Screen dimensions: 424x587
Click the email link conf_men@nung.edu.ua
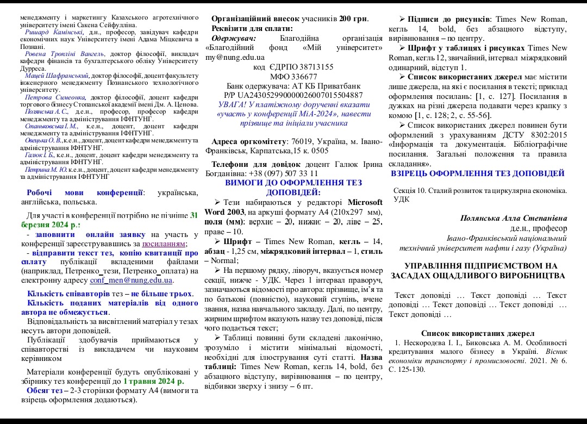pos(131,280)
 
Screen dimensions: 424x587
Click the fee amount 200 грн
pos(354,19)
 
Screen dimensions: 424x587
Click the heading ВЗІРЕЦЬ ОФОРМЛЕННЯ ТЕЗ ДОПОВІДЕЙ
pos(478,173)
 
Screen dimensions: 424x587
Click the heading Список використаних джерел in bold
pos(478,333)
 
